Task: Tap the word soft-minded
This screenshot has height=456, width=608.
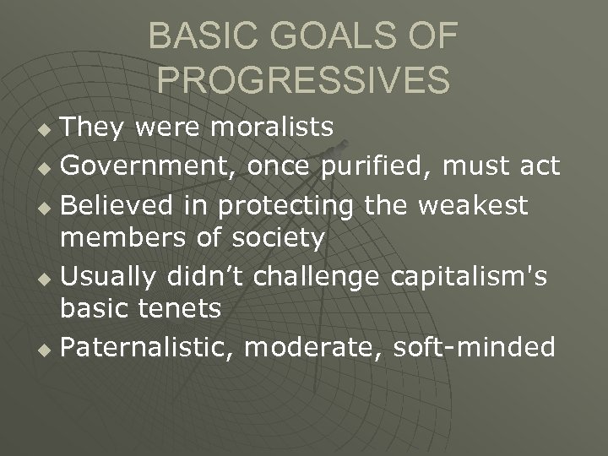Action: coord(475,347)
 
